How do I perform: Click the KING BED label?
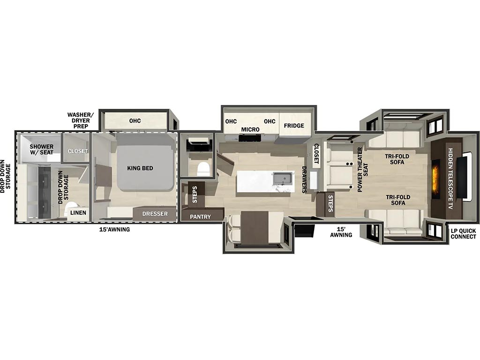pos(140,168)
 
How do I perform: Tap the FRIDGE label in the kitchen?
pos(294,126)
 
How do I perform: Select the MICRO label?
pos(250,129)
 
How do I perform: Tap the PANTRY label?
pos(200,217)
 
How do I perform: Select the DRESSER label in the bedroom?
pos(155,214)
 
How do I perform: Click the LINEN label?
pos(78,212)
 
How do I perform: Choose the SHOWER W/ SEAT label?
pos(42,150)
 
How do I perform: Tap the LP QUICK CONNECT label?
pos(463,233)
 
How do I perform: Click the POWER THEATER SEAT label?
pos(362,170)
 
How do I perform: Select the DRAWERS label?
pos(304,180)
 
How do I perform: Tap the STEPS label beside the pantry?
pos(195,195)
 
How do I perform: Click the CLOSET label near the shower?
pos(78,151)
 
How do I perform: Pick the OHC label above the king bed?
pos(135,120)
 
